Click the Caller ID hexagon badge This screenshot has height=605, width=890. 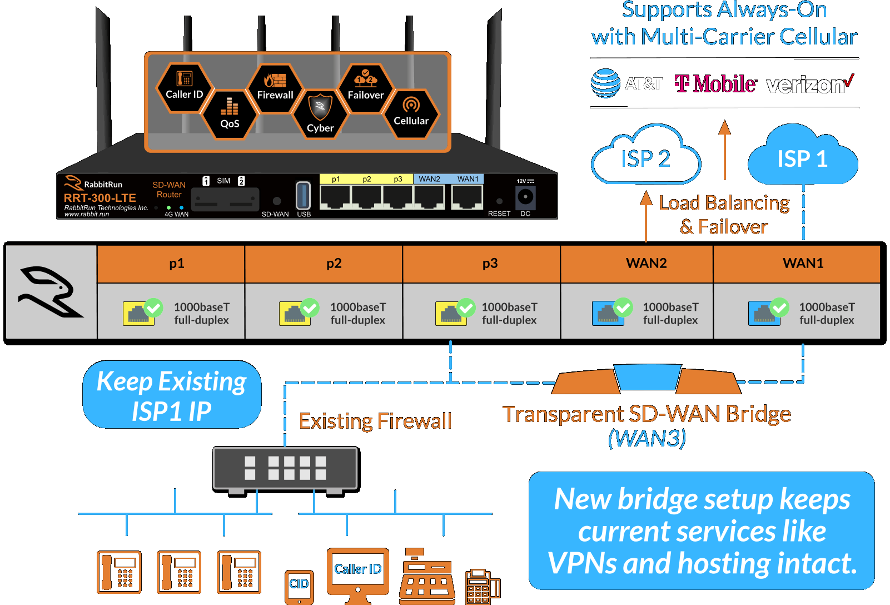coord(185,87)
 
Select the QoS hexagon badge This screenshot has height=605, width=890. coord(230,115)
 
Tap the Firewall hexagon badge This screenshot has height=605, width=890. coord(275,88)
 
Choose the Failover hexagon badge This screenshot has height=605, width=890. coord(366,88)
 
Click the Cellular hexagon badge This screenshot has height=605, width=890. coord(411,113)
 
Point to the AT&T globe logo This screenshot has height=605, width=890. coord(605,83)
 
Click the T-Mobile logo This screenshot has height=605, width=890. coord(715,84)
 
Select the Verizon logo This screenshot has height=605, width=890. coord(810,85)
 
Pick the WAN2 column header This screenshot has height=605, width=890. coord(647,263)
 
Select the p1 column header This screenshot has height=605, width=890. coord(177,263)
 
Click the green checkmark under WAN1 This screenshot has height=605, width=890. coord(779,307)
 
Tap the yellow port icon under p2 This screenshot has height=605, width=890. coord(294,314)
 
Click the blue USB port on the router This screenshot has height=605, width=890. coord(303,196)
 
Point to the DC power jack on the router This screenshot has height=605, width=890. coord(525,197)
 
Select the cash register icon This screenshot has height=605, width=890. coord(426,578)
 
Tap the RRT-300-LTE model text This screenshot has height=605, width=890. coord(100,198)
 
